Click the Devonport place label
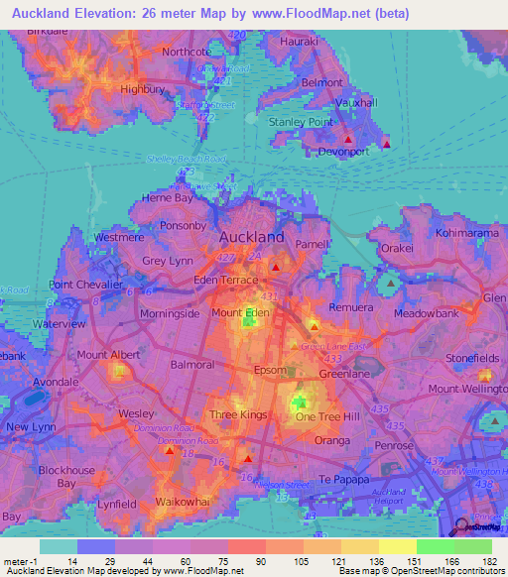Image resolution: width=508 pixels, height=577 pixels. click(342, 152)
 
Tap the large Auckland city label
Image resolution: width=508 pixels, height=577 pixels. click(251, 237)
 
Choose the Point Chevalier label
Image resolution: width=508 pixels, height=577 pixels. click(85, 285)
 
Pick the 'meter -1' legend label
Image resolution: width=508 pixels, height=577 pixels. click(21, 560)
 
